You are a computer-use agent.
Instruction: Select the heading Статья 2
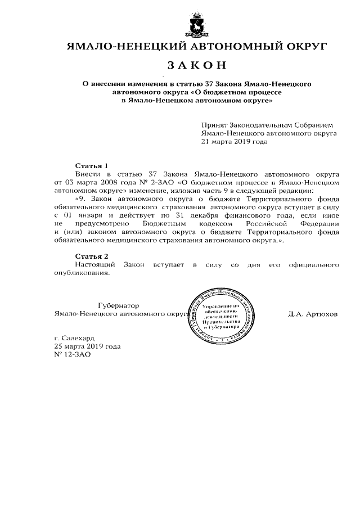click(91, 256)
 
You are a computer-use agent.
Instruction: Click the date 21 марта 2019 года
click(234, 142)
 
